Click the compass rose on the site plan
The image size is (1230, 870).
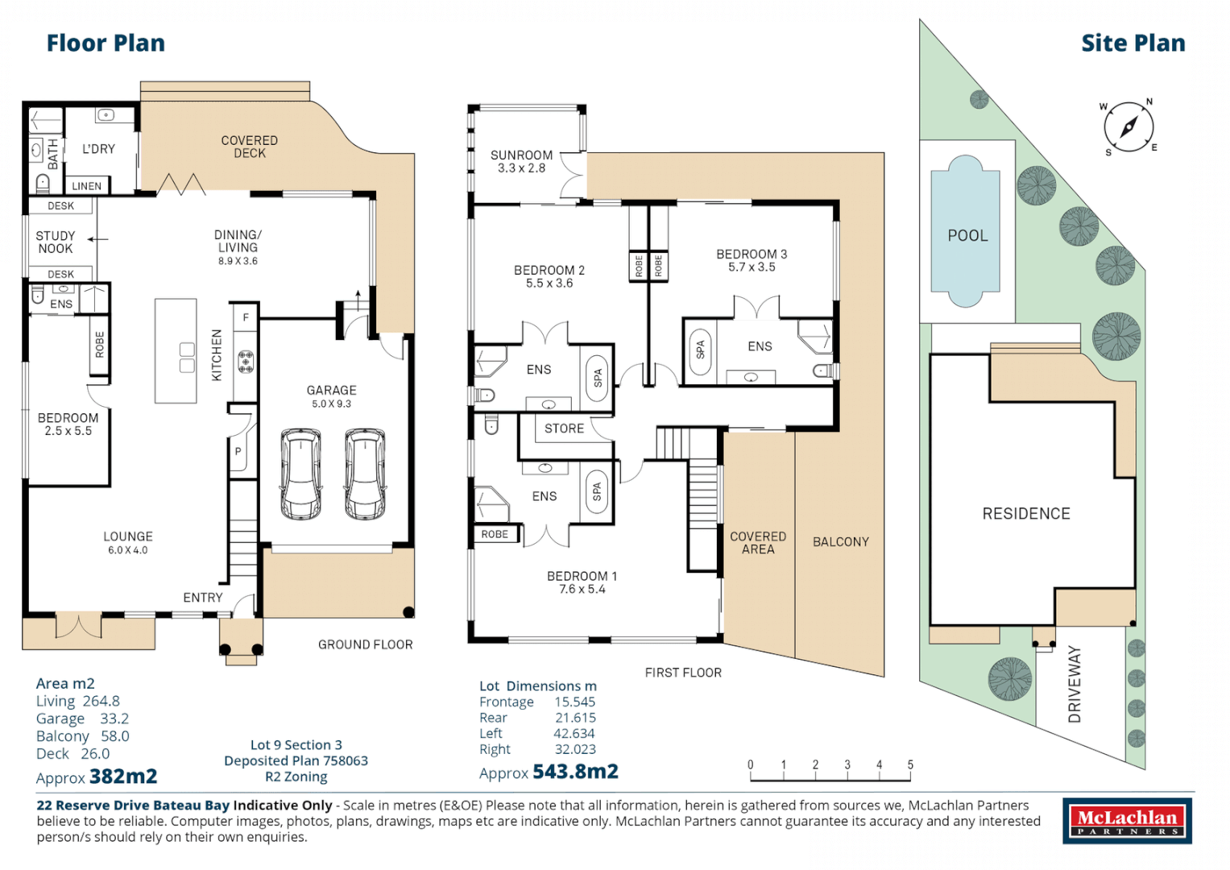pyautogui.click(x=1128, y=127)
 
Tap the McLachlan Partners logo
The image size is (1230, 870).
pyautogui.click(x=1127, y=822)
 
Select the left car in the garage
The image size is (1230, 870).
pyautogui.click(x=300, y=474)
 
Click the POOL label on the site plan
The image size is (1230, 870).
pyautogui.click(x=967, y=236)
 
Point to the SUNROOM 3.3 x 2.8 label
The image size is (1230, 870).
pyautogui.click(x=521, y=161)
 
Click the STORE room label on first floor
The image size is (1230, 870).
pyautogui.click(x=564, y=429)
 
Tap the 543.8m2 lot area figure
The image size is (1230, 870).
pyautogui.click(x=575, y=772)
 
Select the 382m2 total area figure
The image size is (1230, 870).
pyautogui.click(x=123, y=777)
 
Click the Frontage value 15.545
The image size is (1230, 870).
pyautogui.click(x=574, y=702)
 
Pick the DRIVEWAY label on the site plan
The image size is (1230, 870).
pyautogui.click(x=1074, y=683)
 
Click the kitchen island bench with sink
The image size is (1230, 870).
pyautogui.click(x=176, y=351)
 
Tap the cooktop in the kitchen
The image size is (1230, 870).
pyautogui.click(x=246, y=361)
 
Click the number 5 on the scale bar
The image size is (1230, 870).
pyautogui.click(x=910, y=764)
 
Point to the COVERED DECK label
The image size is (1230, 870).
pyautogui.click(x=250, y=147)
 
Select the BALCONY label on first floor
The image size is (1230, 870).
pyautogui.click(x=840, y=542)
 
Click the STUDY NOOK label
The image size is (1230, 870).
pyautogui.click(x=55, y=242)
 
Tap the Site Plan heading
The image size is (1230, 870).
pyautogui.click(x=1133, y=43)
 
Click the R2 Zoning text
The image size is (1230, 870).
pyautogui.click(x=296, y=777)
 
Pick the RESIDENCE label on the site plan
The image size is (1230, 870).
pyautogui.click(x=1025, y=514)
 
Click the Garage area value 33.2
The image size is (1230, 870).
pyautogui.click(x=114, y=719)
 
